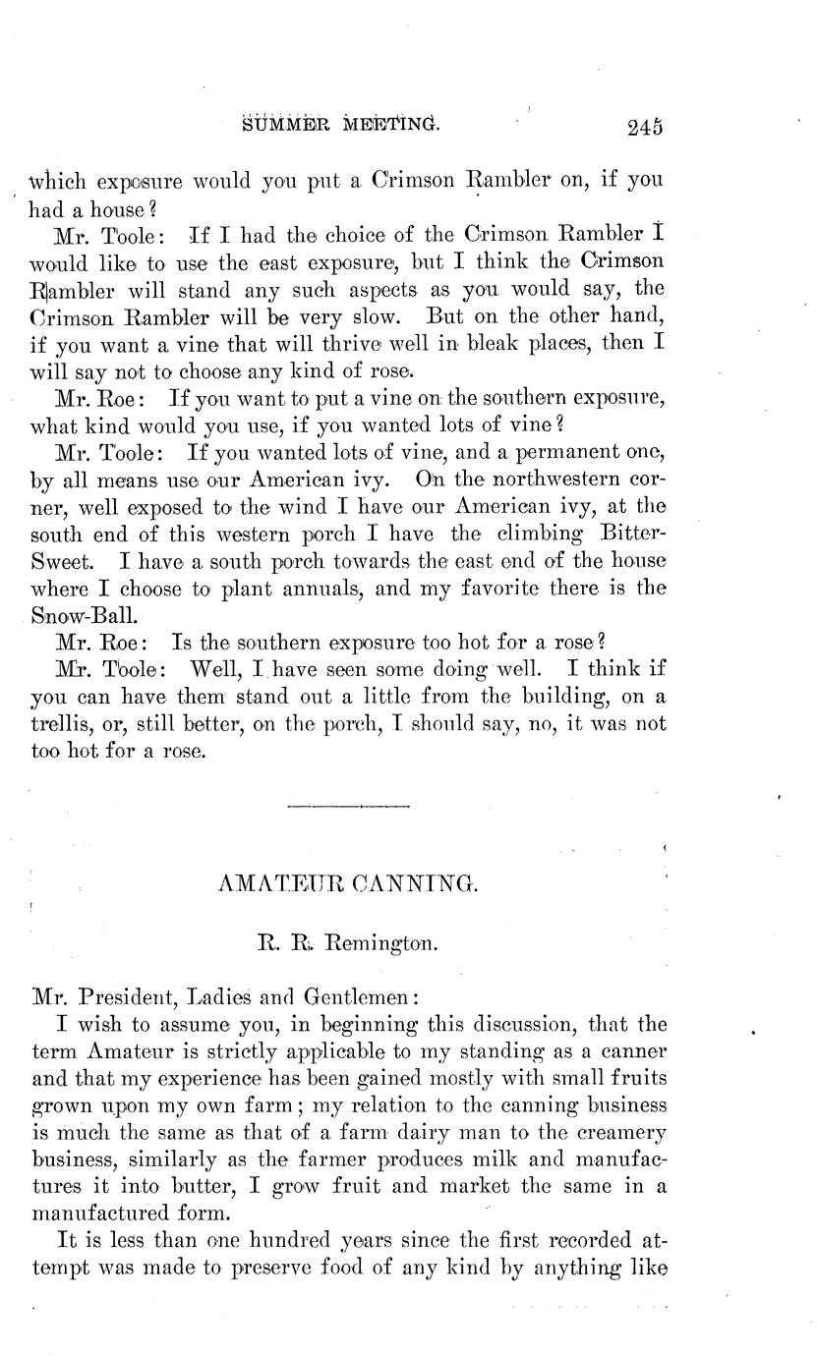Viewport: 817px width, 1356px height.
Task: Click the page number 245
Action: (x=643, y=126)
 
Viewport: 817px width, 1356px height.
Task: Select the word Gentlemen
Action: (x=361, y=995)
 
